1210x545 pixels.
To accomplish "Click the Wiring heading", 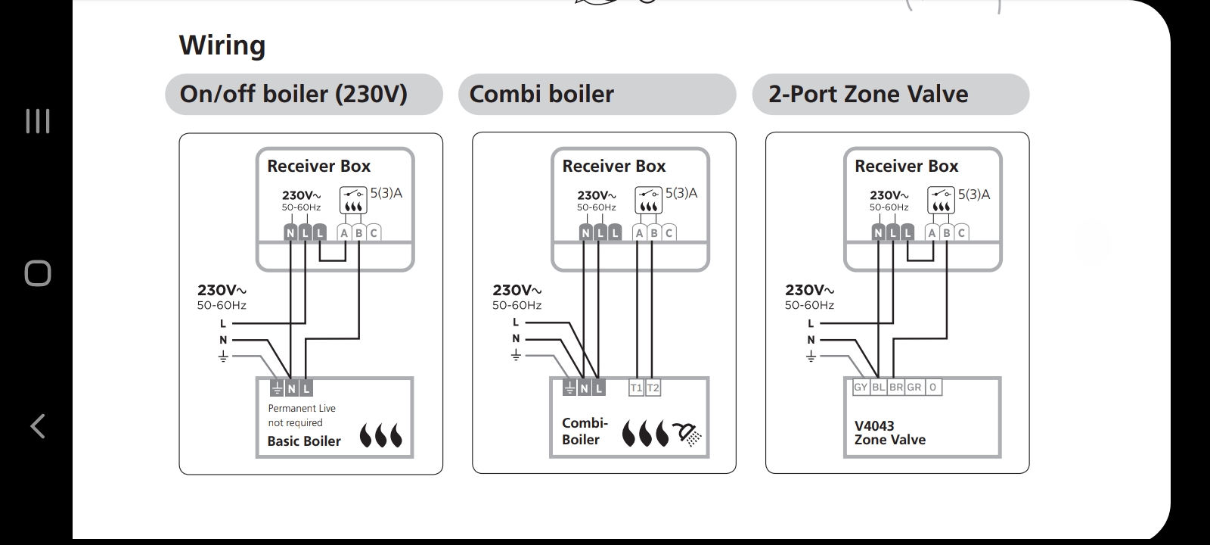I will pyautogui.click(x=222, y=45).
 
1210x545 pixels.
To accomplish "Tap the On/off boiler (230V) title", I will pyautogui.click(x=293, y=94).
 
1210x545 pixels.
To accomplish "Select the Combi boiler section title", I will pyautogui.click(x=541, y=94).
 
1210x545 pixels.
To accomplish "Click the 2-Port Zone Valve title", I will pyautogui.click(x=868, y=94).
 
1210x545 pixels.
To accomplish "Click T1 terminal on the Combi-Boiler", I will pyautogui.click(x=636, y=388).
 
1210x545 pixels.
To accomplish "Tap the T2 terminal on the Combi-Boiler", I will pyautogui.click(x=653, y=388).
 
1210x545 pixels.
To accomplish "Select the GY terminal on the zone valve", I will pyautogui.click(x=861, y=387).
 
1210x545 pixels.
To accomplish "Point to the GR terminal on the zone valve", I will pyautogui.click(x=914, y=387).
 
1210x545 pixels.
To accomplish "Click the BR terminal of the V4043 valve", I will pyautogui.click(x=896, y=387).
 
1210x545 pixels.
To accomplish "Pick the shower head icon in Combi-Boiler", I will pyautogui.click(x=688, y=434).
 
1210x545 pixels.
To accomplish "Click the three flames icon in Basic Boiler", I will pyautogui.click(x=381, y=435).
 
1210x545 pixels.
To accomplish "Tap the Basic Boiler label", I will pyautogui.click(x=304, y=441).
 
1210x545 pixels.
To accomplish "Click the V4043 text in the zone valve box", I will pyautogui.click(x=874, y=426).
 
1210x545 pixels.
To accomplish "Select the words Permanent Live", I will pyautogui.click(x=302, y=408).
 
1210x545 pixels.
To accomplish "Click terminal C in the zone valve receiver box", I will pyautogui.click(x=961, y=233).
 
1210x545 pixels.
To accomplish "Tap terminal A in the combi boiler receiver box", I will pyautogui.click(x=639, y=233).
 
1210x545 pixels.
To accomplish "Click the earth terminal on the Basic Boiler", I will pyautogui.click(x=277, y=388).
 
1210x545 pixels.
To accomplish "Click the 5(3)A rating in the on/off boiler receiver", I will pyautogui.click(x=386, y=193).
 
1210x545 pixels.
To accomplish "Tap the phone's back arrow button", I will pyautogui.click(x=37, y=426).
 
